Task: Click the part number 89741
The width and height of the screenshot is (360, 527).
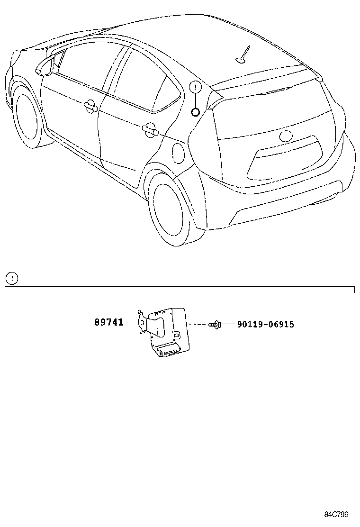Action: pos(108,323)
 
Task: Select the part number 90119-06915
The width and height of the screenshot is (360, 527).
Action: pos(265,325)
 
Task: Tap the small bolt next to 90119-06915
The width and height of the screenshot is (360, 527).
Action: pos(214,325)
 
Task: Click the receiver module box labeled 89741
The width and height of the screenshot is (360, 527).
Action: pos(168,332)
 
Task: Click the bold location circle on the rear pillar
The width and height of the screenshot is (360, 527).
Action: pos(195,112)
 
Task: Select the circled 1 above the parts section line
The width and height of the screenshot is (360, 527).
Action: pos(11,279)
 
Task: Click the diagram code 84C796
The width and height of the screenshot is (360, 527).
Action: pos(337,514)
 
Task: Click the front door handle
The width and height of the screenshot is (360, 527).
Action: pos(89,107)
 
